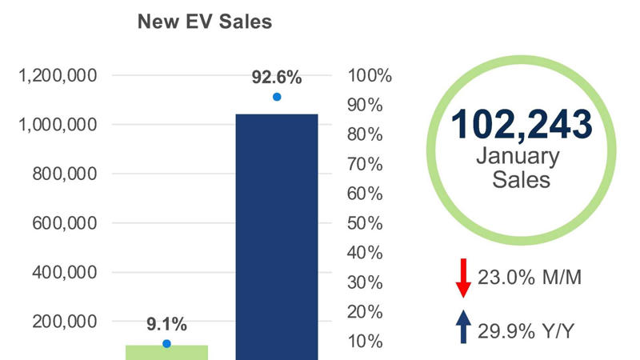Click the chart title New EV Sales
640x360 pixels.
tap(205, 22)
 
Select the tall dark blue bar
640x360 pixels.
tap(276, 236)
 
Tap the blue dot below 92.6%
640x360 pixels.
tap(277, 97)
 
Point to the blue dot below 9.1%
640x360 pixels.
tap(167, 343)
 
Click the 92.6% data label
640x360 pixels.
tap(277, 78)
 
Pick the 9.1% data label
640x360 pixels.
tap(166, 324)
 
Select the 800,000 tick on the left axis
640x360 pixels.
tap(63, 174)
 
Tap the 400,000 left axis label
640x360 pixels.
tap(63, 272)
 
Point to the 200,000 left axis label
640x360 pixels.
tap(63, 322)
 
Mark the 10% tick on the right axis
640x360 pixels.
tap(369, 342)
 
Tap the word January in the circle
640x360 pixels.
tap(521, 155)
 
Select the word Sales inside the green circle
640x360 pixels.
tap(521, 179)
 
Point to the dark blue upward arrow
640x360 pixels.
tap(462, 327)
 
